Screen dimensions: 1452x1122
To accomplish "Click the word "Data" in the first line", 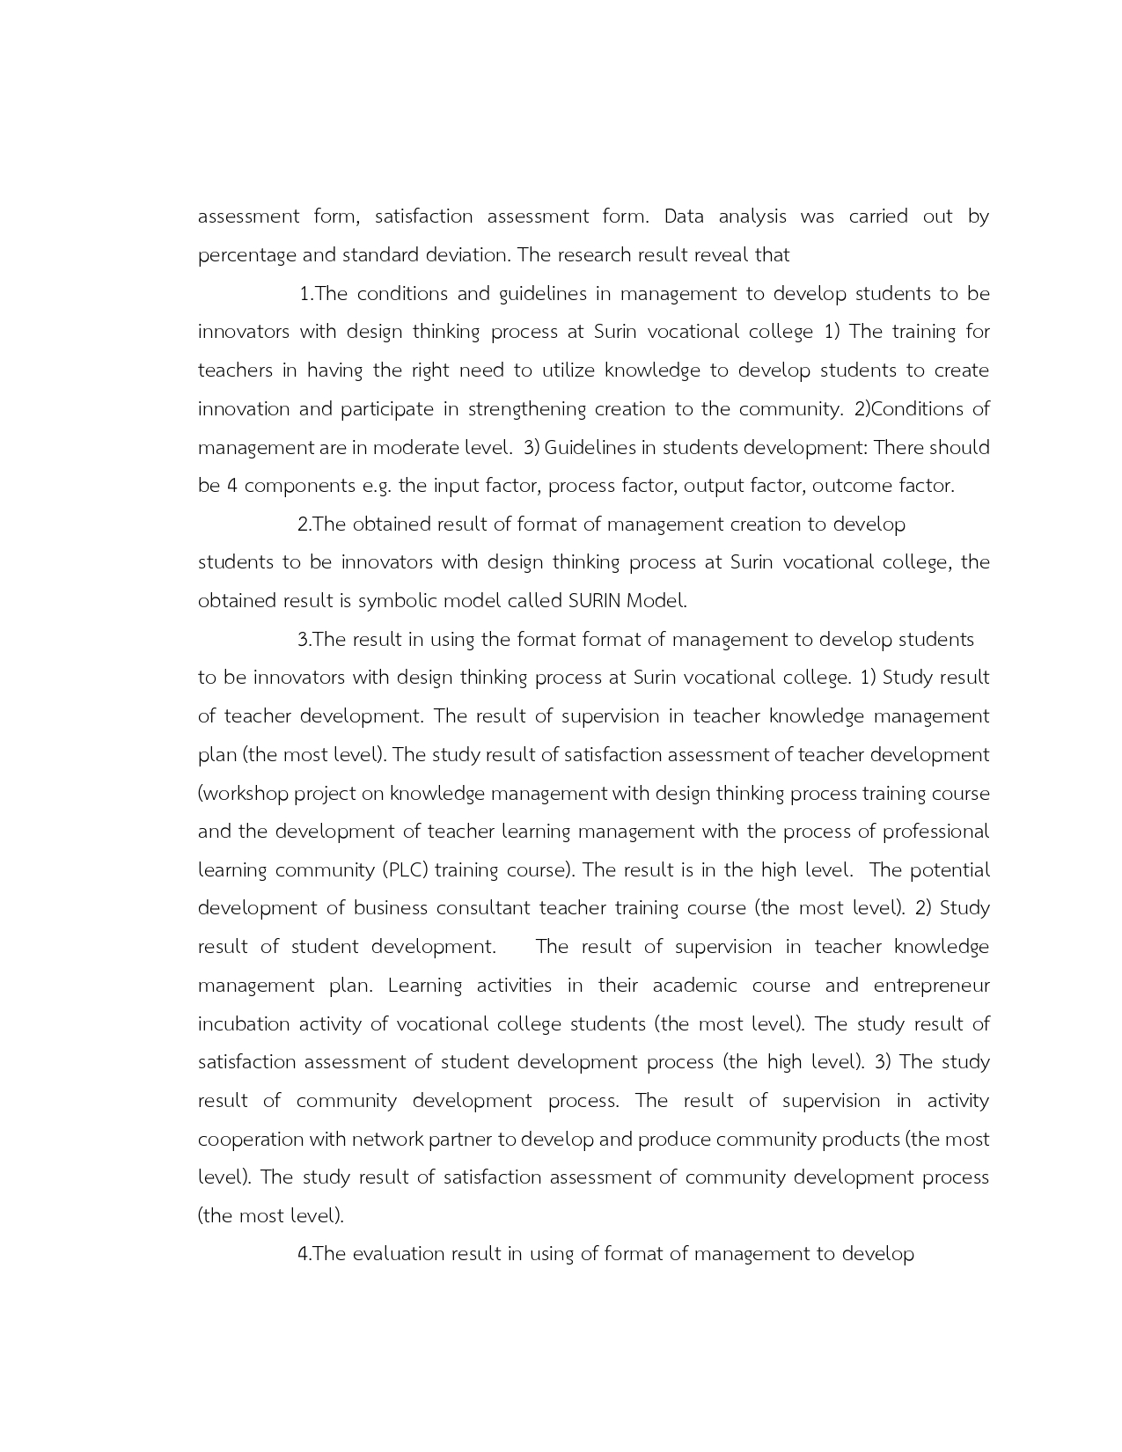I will [x=684, y=216].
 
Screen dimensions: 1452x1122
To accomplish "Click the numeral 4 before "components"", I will [x=232, y=486].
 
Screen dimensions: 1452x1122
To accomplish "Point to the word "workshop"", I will [x=246, y=794].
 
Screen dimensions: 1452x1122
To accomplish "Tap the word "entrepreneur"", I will [x=931, y=986].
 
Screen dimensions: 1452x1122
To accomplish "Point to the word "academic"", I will [x=694, y=986].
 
